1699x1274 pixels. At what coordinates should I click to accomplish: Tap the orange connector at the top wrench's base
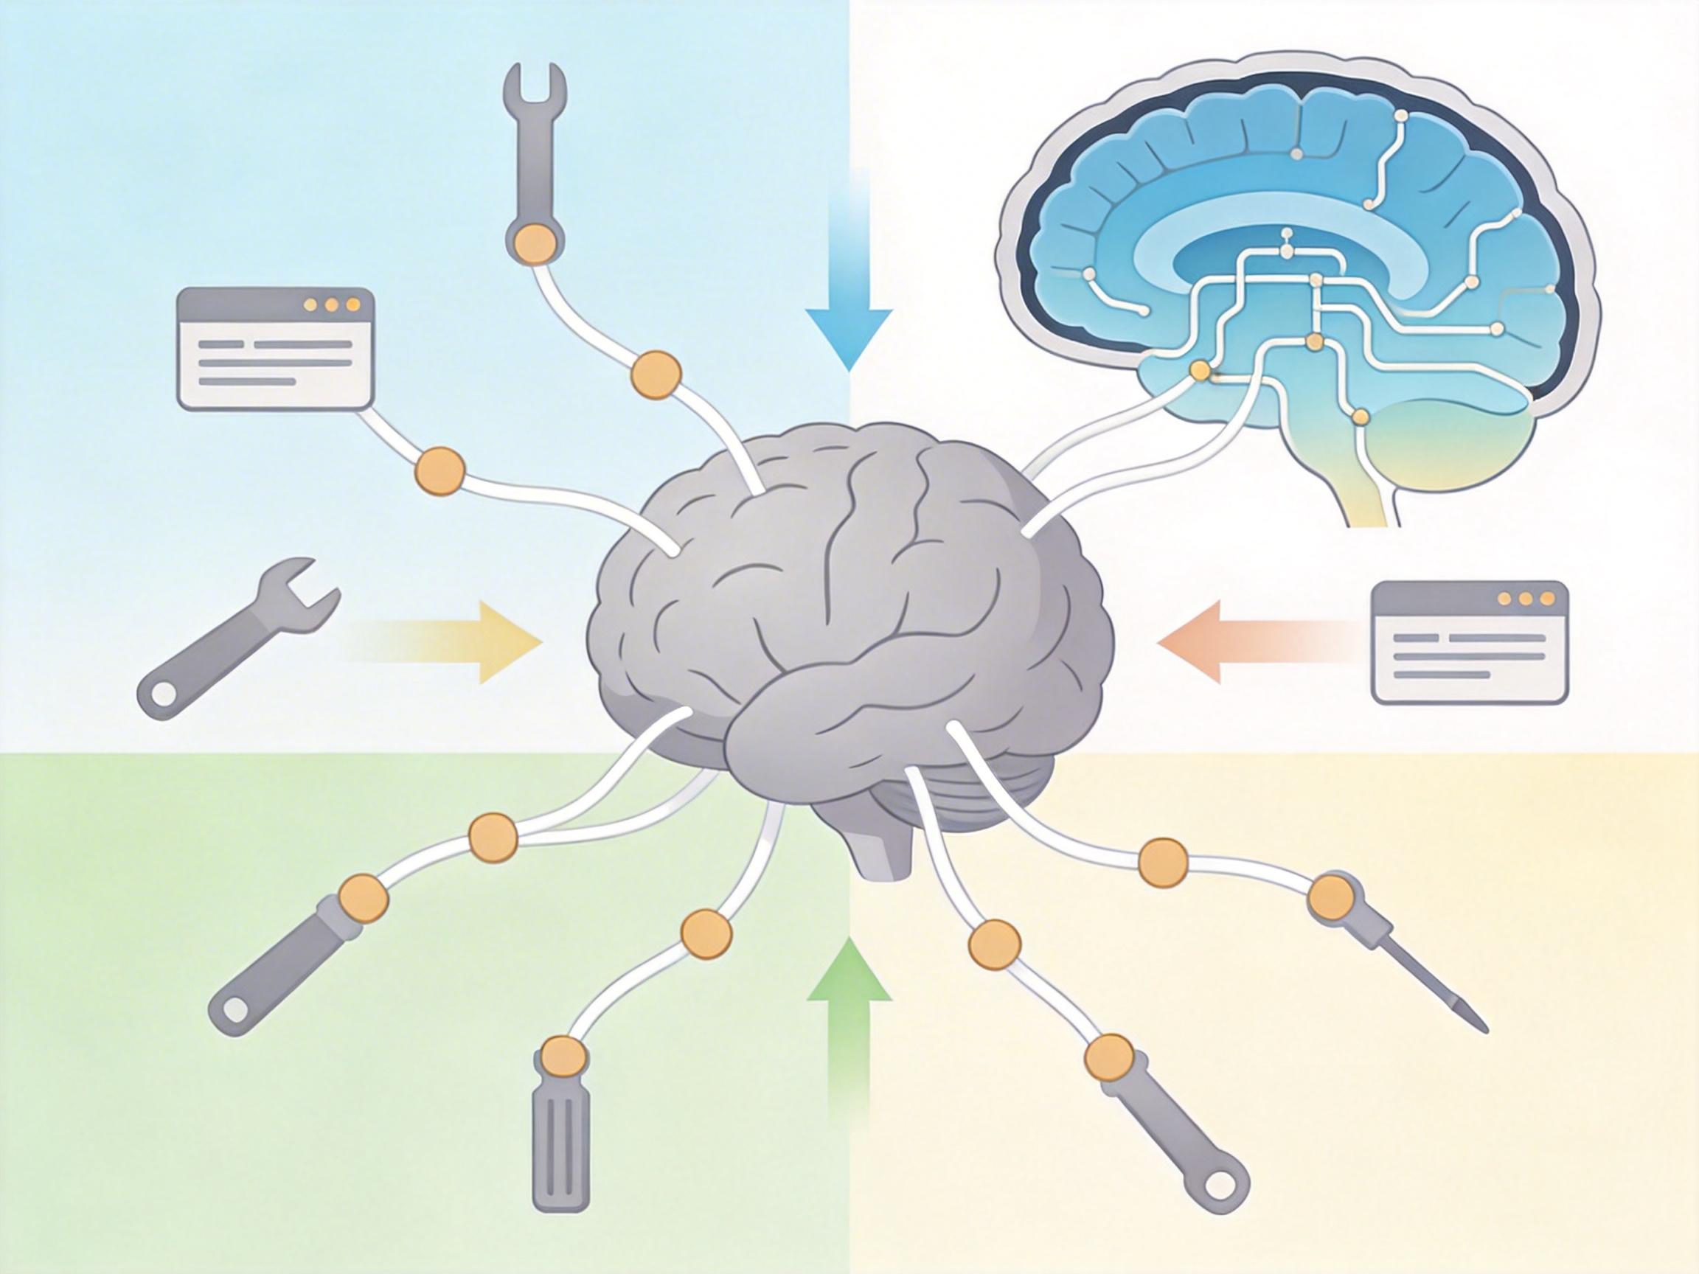coord(535,244)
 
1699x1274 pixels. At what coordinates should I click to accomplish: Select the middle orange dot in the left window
coord(331,305)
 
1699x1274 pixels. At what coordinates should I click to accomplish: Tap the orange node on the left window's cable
coord(440,470)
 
